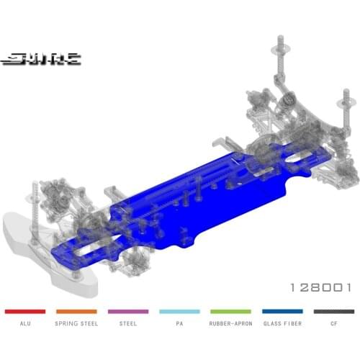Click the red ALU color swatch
25,311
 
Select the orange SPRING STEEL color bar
76,311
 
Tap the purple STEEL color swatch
128,311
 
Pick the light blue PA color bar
179,311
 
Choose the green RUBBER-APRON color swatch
231,311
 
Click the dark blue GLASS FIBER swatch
282,311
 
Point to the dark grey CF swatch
334,311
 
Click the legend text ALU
25,324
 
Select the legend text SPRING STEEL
76,324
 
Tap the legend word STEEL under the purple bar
128,324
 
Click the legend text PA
179,324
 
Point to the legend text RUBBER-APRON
231,324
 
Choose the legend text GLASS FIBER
282,324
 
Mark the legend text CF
334,324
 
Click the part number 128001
320,287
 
